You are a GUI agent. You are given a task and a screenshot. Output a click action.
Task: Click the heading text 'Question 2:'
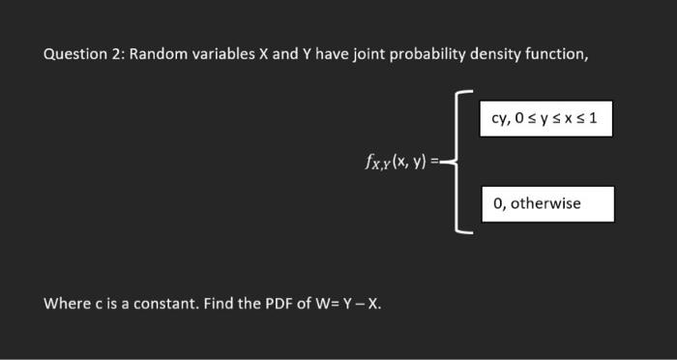tap(83, 54)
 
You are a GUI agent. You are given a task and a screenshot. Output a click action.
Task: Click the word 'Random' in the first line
tap(158, 54)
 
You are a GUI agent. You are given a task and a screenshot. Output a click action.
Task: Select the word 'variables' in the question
tap(222, 54)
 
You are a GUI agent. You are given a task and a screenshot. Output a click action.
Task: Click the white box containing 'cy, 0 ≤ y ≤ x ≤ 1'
tap(546, 121)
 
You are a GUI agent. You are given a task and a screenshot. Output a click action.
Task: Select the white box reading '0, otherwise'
tap(546, 204)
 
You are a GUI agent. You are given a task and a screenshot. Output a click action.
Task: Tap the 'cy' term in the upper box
tap(500, 122)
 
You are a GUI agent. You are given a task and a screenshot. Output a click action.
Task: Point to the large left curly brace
tap(462, 163)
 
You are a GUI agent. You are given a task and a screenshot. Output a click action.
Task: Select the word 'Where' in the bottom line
tap(65, 304)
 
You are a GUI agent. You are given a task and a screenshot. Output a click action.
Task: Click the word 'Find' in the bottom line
tap(215, 304)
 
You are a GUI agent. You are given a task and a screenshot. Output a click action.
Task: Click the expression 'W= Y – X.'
tap(348, 304)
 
